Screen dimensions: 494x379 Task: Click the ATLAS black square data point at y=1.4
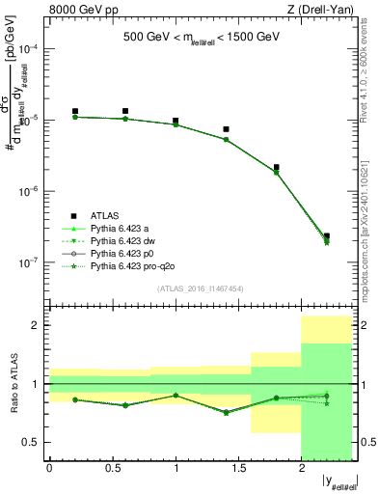pyautogui.click(x=226, y=129)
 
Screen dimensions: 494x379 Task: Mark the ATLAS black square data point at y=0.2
pyautogui.click(x=74, y=112)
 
